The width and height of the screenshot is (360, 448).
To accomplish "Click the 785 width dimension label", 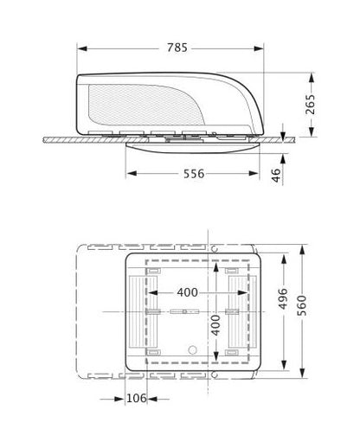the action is coord(177,48).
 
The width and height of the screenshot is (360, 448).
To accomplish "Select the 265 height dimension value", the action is coord(311,104).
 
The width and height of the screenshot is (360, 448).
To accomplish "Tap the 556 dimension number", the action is coord(194,174).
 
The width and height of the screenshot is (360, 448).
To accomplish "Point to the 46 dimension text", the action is coord(276,176).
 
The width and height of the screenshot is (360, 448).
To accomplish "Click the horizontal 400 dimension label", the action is coord(188,292).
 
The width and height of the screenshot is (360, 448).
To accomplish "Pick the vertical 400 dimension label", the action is coord(215,325).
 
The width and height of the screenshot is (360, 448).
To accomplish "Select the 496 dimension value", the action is coord(283,298).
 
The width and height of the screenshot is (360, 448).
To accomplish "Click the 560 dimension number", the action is coord(302,305).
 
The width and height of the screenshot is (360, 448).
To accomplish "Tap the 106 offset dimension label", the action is coord(137,399).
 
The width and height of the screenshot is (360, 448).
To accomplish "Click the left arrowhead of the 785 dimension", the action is coord(82,48).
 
